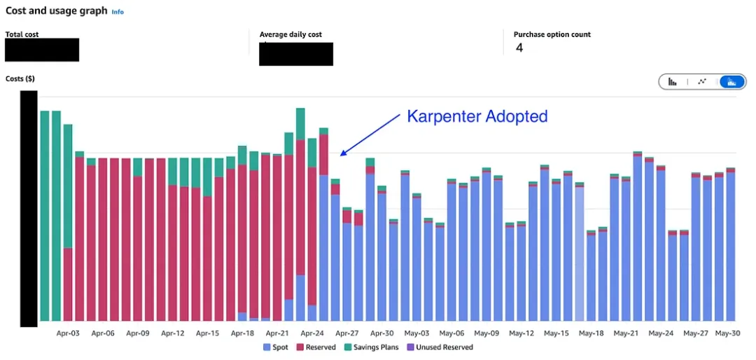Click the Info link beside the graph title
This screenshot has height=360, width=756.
(118, 12)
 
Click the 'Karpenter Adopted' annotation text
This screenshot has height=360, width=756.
(477, 116)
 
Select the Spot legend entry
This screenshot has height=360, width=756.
(276, 347)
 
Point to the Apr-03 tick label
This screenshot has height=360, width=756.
(68, 333)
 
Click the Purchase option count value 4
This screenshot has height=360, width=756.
(519, 48)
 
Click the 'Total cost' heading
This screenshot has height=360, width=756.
(22, 34)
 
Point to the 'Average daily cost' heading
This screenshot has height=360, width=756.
(290, 34)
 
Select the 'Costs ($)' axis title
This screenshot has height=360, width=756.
(20, 78)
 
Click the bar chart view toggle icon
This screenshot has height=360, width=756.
(672, 81)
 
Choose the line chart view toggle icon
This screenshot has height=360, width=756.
(702, 81)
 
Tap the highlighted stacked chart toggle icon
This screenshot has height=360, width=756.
(732, 81)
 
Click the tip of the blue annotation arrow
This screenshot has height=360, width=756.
(341, 154)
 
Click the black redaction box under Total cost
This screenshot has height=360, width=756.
(42, 50)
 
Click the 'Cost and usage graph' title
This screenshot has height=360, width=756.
(57, 11)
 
